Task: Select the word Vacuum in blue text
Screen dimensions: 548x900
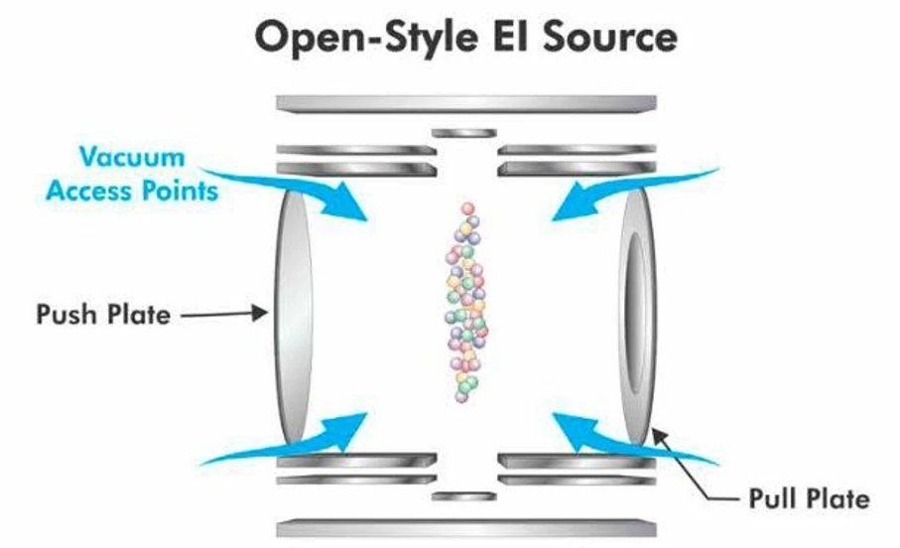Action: pyautogui.click(x=132, y=158)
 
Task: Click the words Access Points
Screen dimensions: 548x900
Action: pyautogui.click(x=132, y=190)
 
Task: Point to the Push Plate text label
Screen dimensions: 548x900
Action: pyautogui.click(x=103, y=316)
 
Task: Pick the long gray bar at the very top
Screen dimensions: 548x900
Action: pyautogui.click(x=466, y=103)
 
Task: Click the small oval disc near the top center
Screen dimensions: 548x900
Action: pyautogui.click(x=464, y=132)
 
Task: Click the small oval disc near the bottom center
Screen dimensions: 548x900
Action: pyautogui.click(x=464, y=494)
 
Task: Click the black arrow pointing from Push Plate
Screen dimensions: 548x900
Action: pyautogui.click(x=228, y=315)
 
